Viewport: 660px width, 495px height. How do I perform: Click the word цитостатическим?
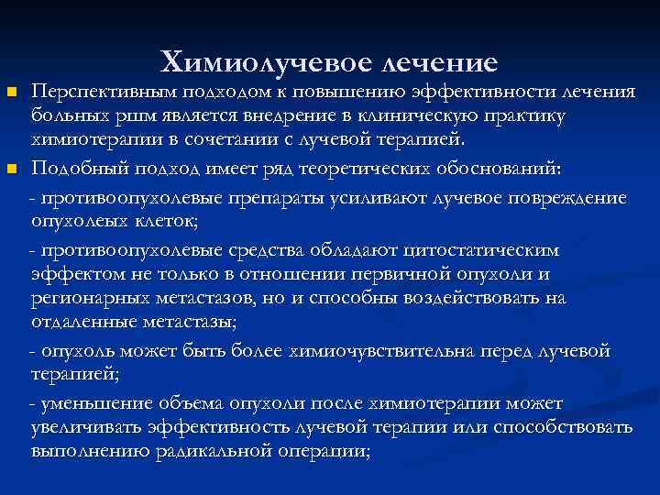point(484,250)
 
